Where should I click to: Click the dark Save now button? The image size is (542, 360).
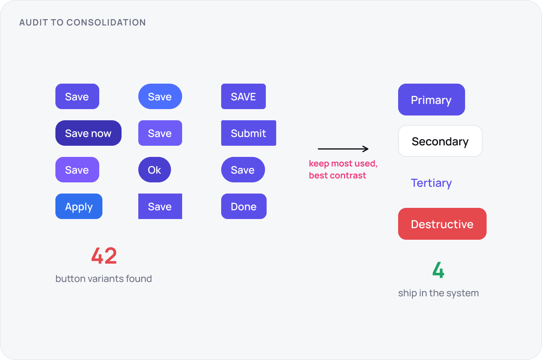point(88,133)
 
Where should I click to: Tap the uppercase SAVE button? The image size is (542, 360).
point(244,96)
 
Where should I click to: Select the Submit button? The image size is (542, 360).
point(249,133)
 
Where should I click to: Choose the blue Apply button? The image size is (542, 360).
point(79,206)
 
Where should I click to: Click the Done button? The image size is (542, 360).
point(244,206)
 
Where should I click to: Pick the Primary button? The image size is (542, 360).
point(432,100)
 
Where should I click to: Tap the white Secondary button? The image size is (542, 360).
point(440,141)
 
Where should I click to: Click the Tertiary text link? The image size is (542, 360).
point(431,183)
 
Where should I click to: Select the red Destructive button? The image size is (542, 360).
point(442,224)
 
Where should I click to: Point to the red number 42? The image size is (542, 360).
point(104,256)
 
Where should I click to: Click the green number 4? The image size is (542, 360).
point(438,270)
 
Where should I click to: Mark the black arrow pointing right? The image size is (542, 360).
point(343,149)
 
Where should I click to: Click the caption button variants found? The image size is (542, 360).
point(104,278)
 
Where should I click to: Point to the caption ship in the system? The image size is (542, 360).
point(438,293)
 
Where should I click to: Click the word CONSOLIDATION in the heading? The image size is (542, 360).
point(106,22)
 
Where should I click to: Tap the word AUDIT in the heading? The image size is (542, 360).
point(33,22)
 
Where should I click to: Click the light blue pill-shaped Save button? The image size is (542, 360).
point(160,96)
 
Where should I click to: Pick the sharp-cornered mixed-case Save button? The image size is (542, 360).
point(160,206)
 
